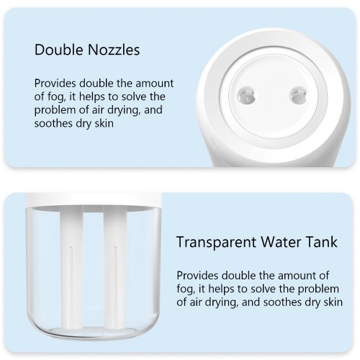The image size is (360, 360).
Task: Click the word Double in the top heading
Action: [x=58, y=50]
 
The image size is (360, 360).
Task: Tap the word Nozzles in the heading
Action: [x=114, y=50]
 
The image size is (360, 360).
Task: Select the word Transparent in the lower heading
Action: [x=217, y=242]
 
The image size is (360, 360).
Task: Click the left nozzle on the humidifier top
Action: [x=246, y=96]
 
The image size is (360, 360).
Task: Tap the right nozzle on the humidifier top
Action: [x=298, y=96]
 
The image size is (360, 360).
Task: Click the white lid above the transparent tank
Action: [x=93, y=199]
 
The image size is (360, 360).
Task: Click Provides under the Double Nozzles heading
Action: [x=55, y=84]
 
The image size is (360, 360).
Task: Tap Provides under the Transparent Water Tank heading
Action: [x=197, y=276]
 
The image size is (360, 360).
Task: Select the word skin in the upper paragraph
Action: [x=104, y=123]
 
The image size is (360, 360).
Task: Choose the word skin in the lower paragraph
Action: [x=333, y=302]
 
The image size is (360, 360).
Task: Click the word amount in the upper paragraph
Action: [x=155, y=84]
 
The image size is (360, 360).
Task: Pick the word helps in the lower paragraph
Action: [x=221, y=289]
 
